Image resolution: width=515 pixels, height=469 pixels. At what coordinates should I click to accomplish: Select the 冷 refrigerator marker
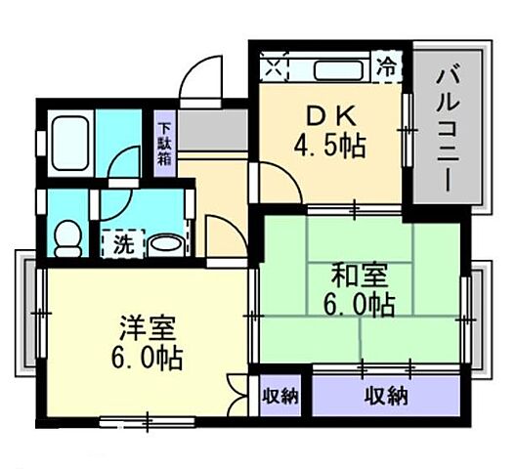(388, 69)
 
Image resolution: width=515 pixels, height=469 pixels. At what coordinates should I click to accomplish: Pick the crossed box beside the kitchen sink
(275, 70)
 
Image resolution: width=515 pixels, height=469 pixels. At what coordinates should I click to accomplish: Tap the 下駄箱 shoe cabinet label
(165, 143)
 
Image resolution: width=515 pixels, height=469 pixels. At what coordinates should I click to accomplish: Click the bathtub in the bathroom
(71, 137)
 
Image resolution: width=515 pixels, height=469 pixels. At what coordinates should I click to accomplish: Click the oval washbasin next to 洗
(166, 242)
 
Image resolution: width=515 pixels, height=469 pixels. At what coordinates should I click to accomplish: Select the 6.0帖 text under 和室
(357, 305)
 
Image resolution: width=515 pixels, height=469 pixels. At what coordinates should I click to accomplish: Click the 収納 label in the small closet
(280, 397)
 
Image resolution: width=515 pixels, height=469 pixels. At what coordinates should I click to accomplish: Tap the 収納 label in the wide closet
(387, 397)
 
